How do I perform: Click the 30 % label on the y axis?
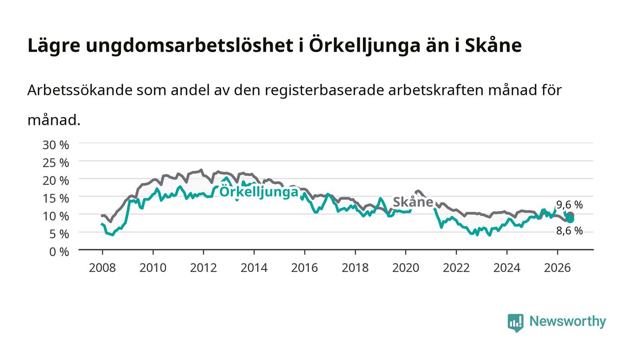pos(55,145)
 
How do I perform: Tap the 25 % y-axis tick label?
pos(55,163)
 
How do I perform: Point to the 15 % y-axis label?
pos(55,199)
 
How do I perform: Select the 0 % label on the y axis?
pos(59,252)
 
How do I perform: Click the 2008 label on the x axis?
pos(103,268)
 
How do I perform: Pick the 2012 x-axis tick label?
pos(204,268)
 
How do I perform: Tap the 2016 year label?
pos(304,268)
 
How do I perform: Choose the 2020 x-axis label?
pos(405,268)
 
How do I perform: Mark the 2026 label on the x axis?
pos(557,268)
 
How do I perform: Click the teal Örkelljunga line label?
pos(259,192)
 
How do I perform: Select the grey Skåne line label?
pos(413,202)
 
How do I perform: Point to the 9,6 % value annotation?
pos(570,204)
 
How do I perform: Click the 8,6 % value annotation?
pos(570,231)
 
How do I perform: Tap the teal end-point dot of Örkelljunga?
pos(570,219)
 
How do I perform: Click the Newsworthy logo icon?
pos(516,323)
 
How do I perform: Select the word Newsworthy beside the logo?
pos(567,321)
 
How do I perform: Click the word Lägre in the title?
pos(54,46)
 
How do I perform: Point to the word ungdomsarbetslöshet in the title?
pos(190,45)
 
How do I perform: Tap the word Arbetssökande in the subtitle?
pos(80,90)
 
